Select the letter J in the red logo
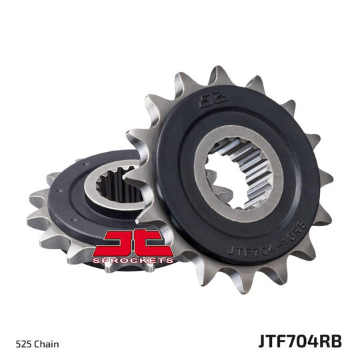[x=123, y=241]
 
